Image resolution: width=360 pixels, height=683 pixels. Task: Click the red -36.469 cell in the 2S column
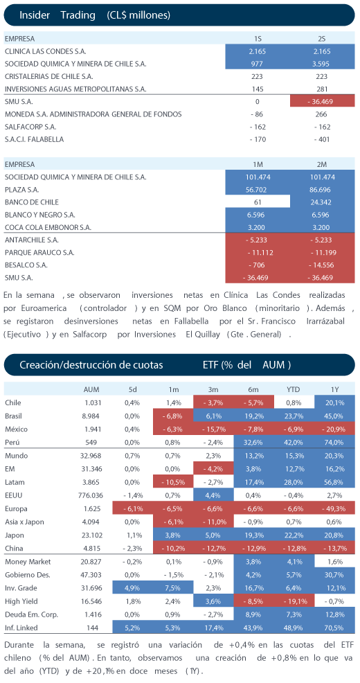(x=322, y=102)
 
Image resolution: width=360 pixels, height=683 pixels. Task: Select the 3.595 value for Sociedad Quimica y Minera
(x=322, y=64)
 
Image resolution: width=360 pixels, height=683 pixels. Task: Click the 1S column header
(x=258, y=39)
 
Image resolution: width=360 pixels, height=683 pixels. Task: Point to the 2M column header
(x=322, y=165)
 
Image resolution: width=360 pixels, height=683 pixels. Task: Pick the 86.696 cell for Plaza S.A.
(x=322, y=190)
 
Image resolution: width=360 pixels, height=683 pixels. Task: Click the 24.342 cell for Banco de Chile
(x=322, y=202)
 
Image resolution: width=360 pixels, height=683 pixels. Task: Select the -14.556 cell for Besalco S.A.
(x=322, y=265)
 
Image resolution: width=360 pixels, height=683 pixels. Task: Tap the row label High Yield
(x=20, y=601)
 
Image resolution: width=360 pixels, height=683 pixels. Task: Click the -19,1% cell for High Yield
(x=294, y=601)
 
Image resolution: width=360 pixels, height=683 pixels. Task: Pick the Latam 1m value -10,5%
(x=173, y=482)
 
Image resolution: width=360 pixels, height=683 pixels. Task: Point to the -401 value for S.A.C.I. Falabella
(x=322, y=139)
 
